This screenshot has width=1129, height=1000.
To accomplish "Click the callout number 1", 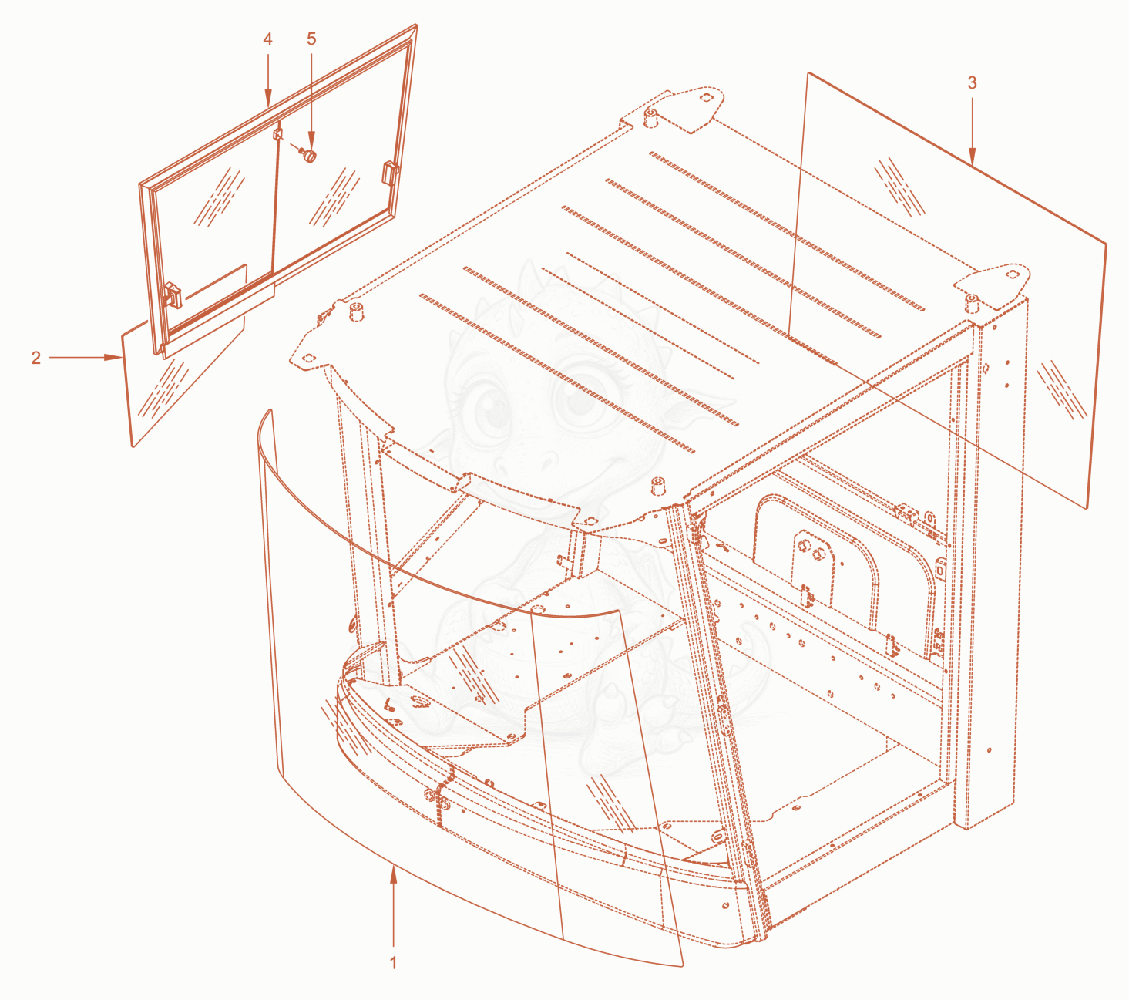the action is pos(394,963).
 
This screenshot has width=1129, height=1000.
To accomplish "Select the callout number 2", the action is pos(36,357).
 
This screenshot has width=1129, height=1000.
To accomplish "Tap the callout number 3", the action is pos(973,82).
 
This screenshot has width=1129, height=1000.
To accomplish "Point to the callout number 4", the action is pos(268,39).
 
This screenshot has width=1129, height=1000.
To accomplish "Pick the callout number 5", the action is pos(311,39).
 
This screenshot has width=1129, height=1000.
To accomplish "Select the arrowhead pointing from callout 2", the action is pos(113,357).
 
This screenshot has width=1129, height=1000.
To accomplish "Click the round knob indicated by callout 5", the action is pos(309,155).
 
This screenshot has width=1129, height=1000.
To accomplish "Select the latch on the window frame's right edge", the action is pos(390,172).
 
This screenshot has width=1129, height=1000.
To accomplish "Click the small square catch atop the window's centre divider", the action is pos(278,134).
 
